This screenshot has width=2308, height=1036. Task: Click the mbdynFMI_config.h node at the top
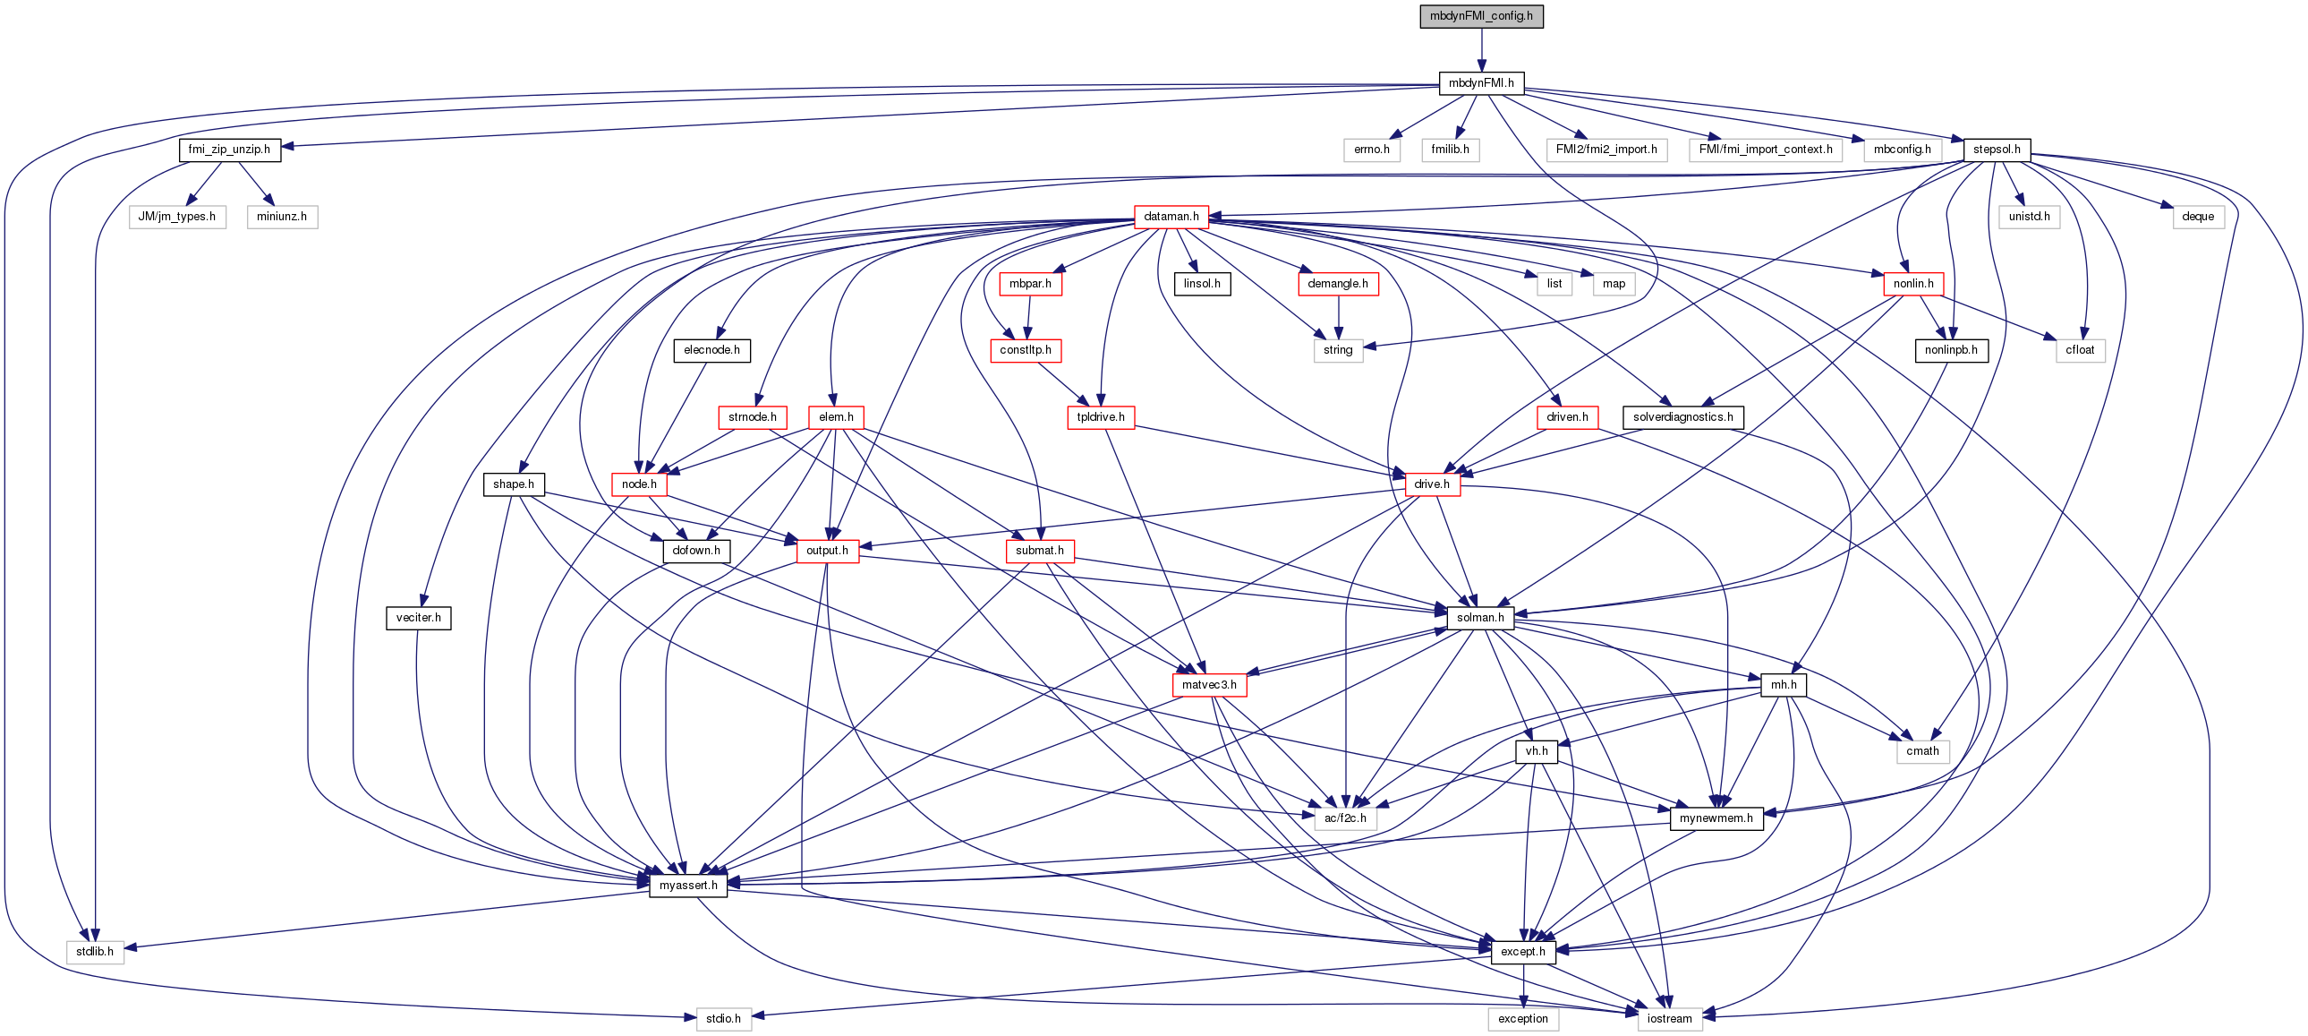(1481, 16)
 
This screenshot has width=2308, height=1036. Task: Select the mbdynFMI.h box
(1481, 83)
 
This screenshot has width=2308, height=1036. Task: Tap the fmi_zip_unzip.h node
(229, 150)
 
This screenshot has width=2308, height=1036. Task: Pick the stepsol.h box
(1997, 150)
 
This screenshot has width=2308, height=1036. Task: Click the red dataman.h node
(1171, 217)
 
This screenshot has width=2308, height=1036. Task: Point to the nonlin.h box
(1912, 284)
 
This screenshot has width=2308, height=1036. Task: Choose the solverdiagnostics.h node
(1682, 417)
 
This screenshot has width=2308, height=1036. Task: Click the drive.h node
(1432, 484)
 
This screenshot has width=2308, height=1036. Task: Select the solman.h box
(1480, 619)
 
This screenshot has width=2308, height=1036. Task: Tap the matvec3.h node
(1209, 686)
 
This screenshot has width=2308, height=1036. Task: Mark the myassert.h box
(688, 886)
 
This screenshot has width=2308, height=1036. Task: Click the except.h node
(1523, 952)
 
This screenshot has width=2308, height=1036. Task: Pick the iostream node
(1669, 1019)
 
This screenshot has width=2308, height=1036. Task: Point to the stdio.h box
(723, 1019)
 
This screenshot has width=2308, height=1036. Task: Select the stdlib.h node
(95, 952)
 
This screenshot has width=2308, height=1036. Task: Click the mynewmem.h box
(1716, 818)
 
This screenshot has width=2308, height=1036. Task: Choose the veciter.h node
(419, 619)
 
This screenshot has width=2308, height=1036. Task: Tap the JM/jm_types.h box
(176, 217)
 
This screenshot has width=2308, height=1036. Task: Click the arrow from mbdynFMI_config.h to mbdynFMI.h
(1481, 49)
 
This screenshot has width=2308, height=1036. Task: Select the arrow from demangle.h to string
(1338, 316)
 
